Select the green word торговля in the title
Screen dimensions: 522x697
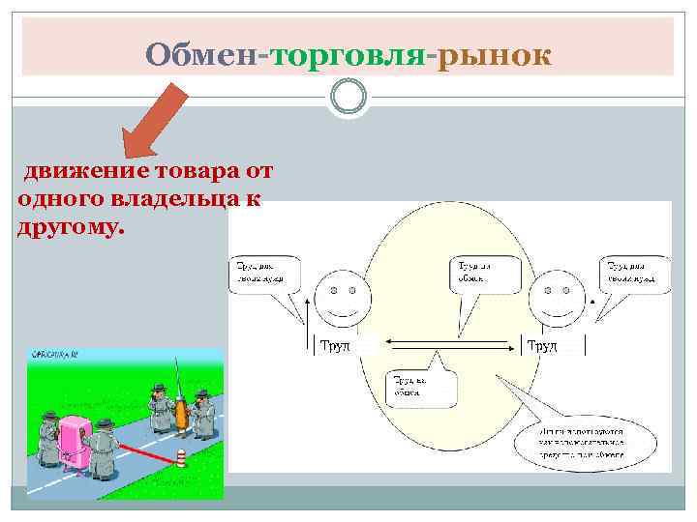click(348, 55)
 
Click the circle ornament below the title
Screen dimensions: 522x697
click(348, 96)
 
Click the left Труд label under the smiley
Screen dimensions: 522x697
click(335, 346)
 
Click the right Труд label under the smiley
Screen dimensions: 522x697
click(541, 346)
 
